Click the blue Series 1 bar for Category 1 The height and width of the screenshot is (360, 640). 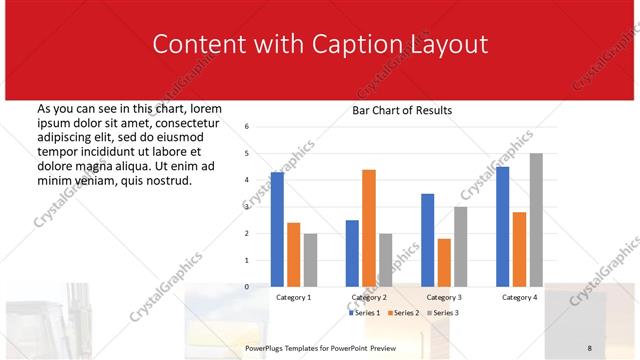[x=277, y=229]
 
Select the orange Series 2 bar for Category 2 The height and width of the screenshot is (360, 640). [x=369, y=228]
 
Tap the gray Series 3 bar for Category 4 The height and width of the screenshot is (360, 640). [x=536, y=220]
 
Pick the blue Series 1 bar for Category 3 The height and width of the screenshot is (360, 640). [x=428, y=240]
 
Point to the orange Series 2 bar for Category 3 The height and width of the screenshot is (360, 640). [x=444, y=262]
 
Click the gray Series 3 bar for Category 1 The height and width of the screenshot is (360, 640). [x=310, y=260]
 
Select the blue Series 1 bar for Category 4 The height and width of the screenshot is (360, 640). [x=502, y=226]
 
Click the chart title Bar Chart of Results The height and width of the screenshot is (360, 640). [x=402, y=110]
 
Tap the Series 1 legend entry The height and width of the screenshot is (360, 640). [x=364, y=313]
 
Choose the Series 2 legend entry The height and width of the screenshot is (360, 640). [x=402, y=313]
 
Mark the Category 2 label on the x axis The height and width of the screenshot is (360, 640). [x=369, y=297]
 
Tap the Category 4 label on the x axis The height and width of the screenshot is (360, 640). [x=519, y=297]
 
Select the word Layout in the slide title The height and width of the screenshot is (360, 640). [x=450, y=45]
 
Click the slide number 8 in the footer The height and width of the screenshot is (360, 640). [x=590, y=347]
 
